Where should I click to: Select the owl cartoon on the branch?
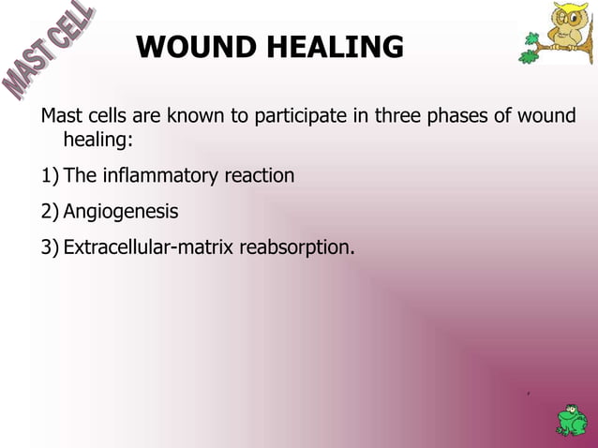point(568,27)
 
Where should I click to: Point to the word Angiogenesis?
point(120,212)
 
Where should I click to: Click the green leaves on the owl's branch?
point(531,55)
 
